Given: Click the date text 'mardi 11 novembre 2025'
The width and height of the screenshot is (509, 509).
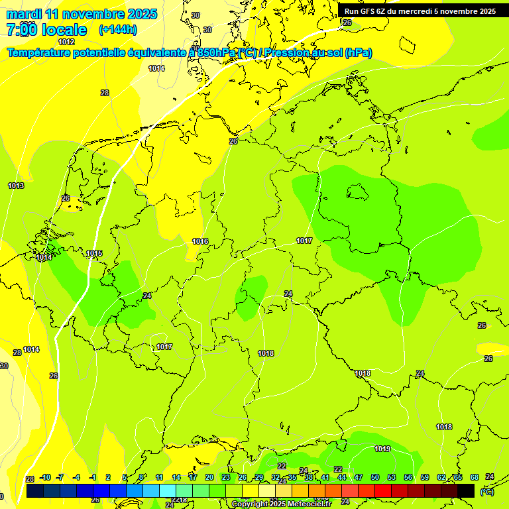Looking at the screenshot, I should [x=82, y=14].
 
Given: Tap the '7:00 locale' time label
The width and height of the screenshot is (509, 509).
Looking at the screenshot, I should [x=46, y=30].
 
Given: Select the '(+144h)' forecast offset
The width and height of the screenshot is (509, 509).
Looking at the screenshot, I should [x=117, y=30].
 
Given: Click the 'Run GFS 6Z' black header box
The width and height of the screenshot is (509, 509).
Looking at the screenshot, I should [x=420, y=11].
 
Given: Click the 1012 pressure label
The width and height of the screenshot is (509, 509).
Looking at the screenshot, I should [x=66, y=42].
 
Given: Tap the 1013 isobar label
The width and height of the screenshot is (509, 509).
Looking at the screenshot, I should [x=16, y=186].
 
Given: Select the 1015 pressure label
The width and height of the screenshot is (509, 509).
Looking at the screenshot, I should [x=94, y=253].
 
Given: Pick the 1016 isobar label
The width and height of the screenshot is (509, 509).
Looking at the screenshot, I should [x=200, y=241].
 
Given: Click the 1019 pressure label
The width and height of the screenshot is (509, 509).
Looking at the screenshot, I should [x=382, y=449].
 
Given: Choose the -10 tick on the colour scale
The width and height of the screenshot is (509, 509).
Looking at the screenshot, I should [x=45, y=477].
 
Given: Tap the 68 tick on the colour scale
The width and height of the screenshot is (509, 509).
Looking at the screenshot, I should [x=475, y=477].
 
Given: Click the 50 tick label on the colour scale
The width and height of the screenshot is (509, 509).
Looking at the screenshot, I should [x=375, y=477].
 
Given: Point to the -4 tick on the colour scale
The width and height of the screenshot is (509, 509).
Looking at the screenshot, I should [x=76, y=477].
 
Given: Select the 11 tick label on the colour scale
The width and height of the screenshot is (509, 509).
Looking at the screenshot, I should [x=159, y=477].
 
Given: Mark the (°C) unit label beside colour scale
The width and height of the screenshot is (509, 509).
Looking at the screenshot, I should [x=487, y=492].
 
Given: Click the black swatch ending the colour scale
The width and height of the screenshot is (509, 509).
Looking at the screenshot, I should [x=466, y=490].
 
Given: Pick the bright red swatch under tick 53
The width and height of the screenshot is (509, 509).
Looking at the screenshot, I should [x=383, y=490].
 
